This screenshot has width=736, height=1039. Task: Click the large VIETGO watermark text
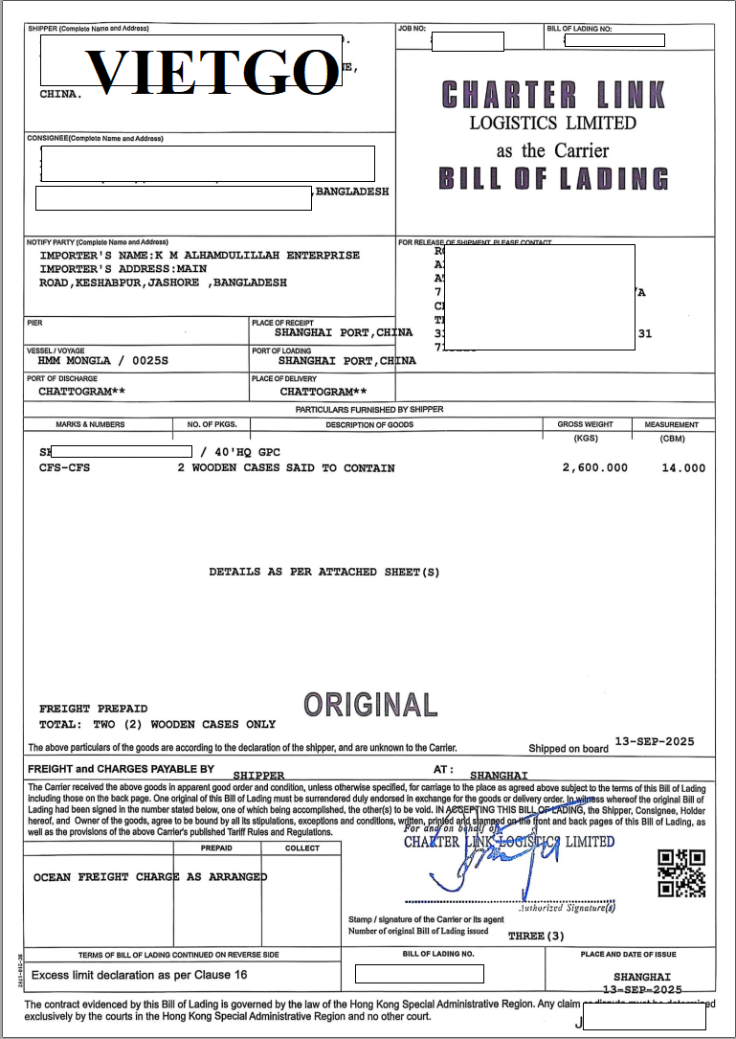(x=211, y=69)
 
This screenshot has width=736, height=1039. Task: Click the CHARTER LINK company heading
(x=553, y=95)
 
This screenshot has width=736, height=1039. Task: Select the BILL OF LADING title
(x=553, y=179)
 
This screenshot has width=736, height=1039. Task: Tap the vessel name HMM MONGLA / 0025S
(x=102, y=361)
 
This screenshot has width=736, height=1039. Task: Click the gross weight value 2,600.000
(x=595, y=468)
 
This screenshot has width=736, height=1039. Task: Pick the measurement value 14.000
(x=683, y=468)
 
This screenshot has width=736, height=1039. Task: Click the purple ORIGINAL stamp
(x=370, y=705)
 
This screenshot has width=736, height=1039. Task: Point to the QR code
(x=681, y=872)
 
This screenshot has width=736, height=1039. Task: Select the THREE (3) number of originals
(x=537, y=935)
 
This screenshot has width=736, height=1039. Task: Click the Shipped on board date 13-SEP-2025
(x=655, y=742)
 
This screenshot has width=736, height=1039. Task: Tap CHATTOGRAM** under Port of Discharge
(x=81, y=392)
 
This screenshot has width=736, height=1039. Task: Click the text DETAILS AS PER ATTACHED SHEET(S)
(x=324, y=572)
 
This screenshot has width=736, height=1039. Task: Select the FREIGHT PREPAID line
(x=92, y=709)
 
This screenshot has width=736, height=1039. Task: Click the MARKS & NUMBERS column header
(x=90, y=424)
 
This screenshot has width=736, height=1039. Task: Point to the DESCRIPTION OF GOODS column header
(x=369, y=424)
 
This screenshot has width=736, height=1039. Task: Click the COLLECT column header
(x=302, y=848)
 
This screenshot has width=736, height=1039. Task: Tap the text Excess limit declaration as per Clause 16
(x=140, y=974)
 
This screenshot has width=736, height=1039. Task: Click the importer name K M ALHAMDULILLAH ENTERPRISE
(x=257, y=256)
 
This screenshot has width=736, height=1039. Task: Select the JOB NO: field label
(x=413, y=30)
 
